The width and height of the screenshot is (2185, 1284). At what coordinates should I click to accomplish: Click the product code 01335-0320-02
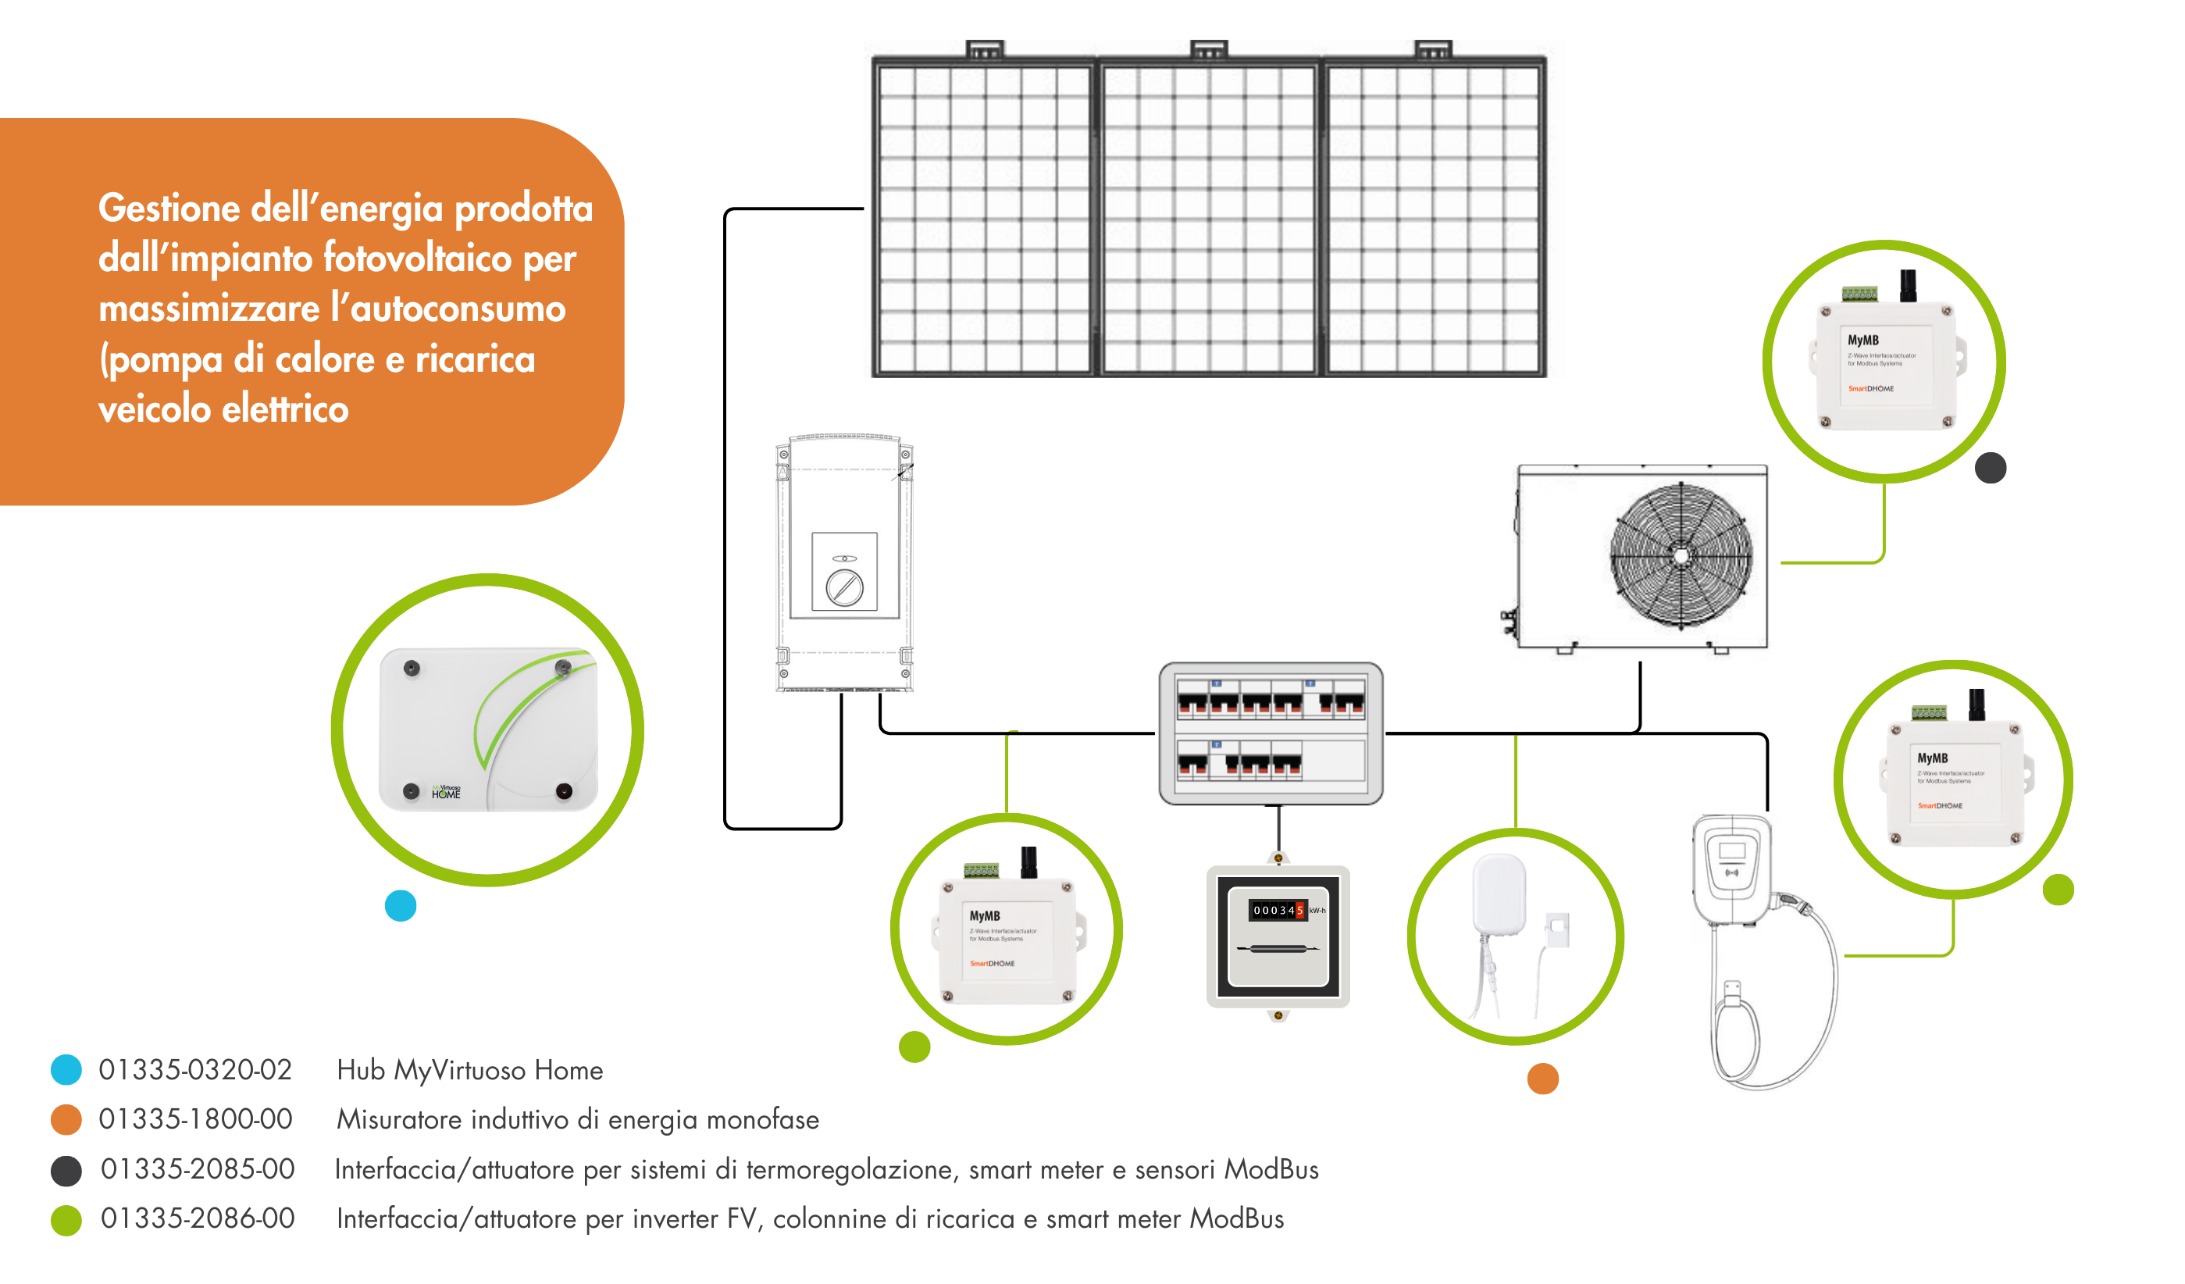click(x=195, y=1070)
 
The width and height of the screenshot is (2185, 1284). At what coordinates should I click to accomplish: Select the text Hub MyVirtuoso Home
click(x=469, y=1070)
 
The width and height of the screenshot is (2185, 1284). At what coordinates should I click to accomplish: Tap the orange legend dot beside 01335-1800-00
click(x=66, y=1119)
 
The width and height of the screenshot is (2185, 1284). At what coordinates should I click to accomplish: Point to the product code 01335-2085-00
click(x=198, y=1168)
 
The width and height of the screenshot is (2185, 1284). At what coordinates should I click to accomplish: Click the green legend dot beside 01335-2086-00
click(x=66, y=1220)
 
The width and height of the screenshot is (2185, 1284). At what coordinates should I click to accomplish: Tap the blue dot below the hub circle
click(x=401, y=906)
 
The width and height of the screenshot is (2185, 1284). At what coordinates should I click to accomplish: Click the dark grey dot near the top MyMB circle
click(x=1990, y=468)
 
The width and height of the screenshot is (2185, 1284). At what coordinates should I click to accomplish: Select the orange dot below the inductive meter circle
click(x=1542, y=1079)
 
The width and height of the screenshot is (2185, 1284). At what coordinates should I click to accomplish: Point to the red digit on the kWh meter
click(x=1299, y=911)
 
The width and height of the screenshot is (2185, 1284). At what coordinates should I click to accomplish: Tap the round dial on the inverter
click(x=843, y=589)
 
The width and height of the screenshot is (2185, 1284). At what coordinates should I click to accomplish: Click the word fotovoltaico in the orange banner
click(x=418, y=259)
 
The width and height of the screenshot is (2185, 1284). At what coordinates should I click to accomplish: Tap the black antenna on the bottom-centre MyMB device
click(x=1029, y=861)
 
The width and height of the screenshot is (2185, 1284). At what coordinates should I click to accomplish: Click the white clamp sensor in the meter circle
click(x=1557, y=929)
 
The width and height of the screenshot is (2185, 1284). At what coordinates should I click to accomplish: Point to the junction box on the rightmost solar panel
click(x=1432, y=49)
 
